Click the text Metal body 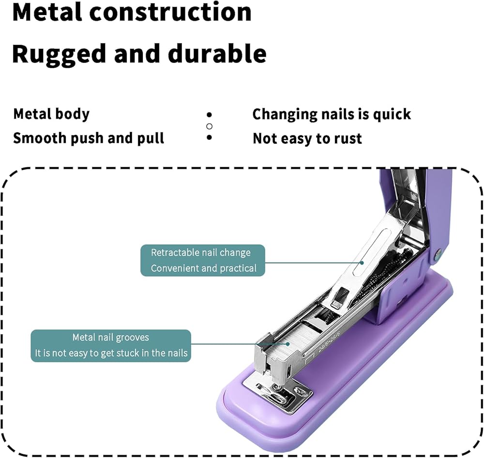click(x=51, y=114)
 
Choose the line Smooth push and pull click(x=89, y=138)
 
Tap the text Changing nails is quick click(x=332, y=114)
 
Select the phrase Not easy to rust click(x=307, y=139)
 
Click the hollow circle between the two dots click(x=209, y=126)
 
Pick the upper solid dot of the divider click(x=209, y=115)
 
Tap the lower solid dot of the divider click(x=209, y=137)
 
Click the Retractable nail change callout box click(x=203, y=260)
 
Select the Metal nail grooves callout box click(x=111, y=345)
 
